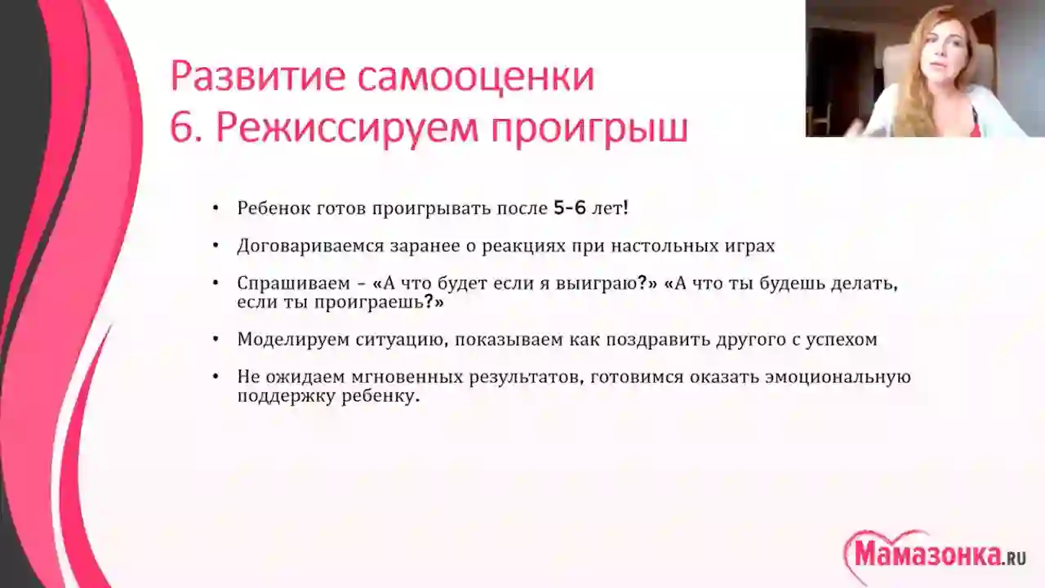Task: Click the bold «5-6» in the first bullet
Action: tap(569, 208)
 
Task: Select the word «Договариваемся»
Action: tap(309, 246)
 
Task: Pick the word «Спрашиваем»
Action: tap(293, 283)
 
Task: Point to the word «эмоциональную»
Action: tap(838, 377)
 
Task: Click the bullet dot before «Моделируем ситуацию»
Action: tap(215, 339)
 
